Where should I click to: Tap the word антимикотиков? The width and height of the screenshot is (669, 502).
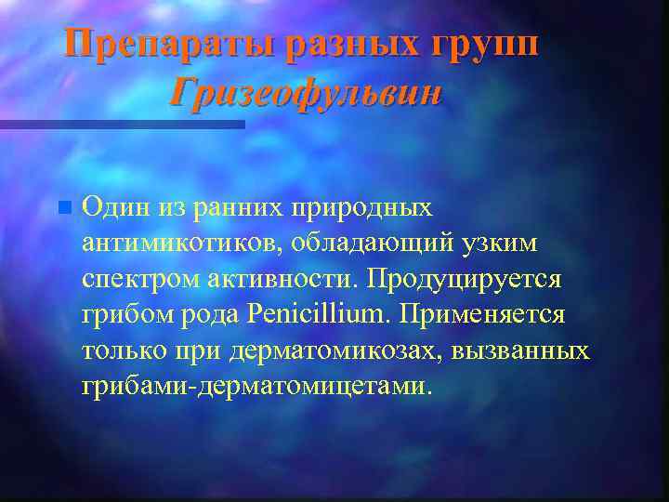pyautogui.click(x=182, y=242)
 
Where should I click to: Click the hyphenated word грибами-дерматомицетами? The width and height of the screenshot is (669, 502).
pyautogui.click(x=256, y=384)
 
